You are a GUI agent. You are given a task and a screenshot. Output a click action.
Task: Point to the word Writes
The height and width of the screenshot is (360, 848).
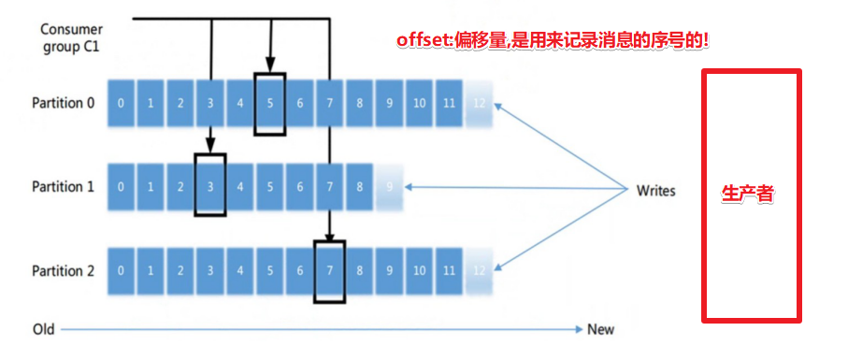click(x=655, y=191)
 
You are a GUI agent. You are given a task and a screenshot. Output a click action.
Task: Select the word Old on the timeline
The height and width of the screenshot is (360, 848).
click(x=44, y=329)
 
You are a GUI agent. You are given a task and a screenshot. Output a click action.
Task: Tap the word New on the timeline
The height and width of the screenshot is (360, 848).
click(x=600, y=329)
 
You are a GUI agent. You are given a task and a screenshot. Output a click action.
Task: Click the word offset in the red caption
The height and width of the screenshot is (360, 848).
click(x=422, y=40)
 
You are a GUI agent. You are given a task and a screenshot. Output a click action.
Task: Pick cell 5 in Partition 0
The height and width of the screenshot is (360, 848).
click(x=269, y=103)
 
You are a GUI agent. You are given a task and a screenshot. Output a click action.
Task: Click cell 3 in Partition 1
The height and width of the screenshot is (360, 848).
click(x=210, y=187)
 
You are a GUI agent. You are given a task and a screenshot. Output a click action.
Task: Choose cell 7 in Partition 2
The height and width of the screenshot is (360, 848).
click(x=329, y=271)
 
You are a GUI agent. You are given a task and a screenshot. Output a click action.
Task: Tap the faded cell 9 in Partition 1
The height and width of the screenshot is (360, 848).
click(x=389, y=187)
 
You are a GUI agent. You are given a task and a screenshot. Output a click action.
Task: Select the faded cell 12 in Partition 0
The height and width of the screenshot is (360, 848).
click(x=479, y=103)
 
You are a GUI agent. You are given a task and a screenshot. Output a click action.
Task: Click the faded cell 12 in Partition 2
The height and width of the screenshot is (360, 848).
click(x=479, y=271)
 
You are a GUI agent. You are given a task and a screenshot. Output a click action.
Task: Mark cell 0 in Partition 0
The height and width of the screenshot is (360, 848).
click(x=121, y=103)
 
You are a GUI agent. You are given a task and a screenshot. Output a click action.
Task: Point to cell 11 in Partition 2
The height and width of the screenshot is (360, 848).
click(x=449, y=271)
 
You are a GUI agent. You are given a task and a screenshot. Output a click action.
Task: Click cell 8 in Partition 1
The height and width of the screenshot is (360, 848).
click(x=359, y=187)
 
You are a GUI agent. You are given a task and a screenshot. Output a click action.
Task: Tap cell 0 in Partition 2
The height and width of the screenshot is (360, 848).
click(x=121, y=271)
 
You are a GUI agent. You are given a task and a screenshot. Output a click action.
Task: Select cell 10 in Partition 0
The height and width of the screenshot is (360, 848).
click(x=419, y=103)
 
